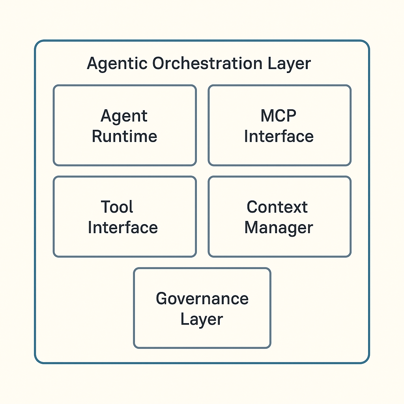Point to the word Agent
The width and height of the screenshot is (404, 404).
[124, 116]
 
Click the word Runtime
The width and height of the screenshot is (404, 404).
[124, 137]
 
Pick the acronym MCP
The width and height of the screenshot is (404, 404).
[279, 116]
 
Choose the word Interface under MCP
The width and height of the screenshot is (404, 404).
[279, 137]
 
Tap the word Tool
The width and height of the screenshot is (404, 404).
[117, 207]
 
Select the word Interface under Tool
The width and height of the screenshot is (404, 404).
[123, 228]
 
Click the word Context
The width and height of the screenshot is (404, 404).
[277, 207]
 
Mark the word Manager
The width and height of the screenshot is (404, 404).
[279, 228]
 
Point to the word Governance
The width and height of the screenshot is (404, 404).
[202, 298]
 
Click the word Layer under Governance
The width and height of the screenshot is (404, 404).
[202, 320]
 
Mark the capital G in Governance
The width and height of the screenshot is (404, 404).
[162, 298]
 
